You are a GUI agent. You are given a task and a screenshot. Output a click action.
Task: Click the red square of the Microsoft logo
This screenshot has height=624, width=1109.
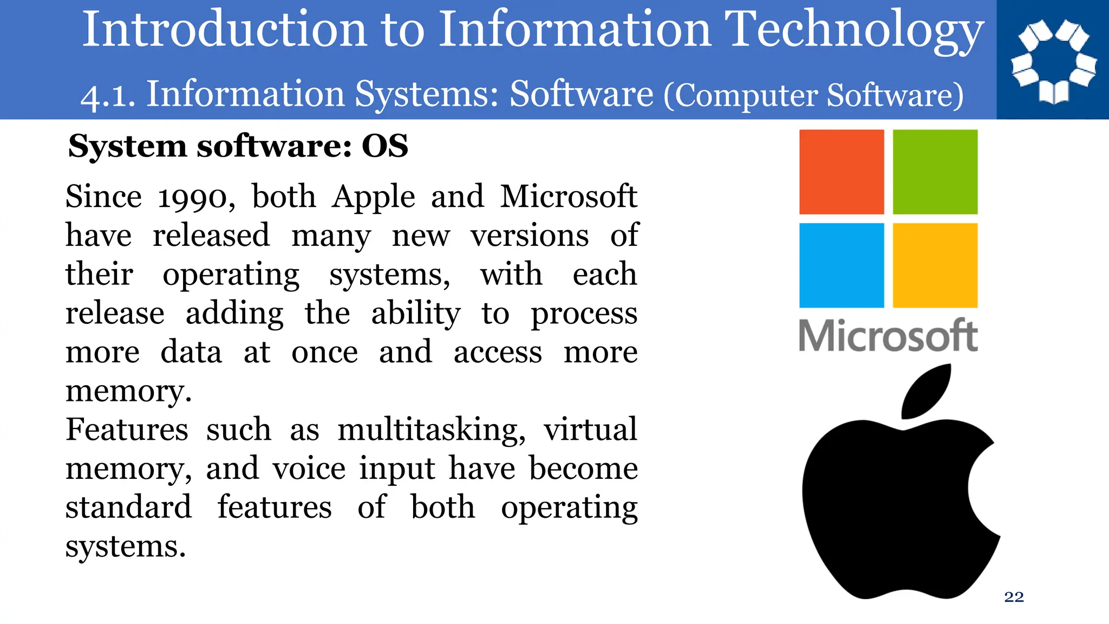coord(841,172)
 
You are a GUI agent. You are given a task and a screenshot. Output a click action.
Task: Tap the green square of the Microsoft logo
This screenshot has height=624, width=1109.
coord(935,172)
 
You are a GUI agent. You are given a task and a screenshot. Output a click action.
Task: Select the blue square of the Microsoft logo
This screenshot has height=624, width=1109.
coord(841,265)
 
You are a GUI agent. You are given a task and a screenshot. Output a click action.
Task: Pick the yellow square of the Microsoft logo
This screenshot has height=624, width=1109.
coord(935,265)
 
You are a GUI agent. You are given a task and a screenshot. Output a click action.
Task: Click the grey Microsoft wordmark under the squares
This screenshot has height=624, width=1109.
coord(888,336)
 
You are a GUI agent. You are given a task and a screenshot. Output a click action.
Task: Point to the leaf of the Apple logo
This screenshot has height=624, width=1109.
coord(927,391)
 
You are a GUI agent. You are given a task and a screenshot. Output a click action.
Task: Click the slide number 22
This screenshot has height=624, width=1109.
coord(1014,597)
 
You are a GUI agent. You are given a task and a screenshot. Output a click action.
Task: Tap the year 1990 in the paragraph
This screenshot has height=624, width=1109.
coord(196,197)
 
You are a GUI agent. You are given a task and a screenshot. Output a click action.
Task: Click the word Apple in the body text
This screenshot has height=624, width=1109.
coord(374,197)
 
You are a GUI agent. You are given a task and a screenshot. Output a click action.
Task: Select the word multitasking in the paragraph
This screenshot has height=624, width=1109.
coord(431,431)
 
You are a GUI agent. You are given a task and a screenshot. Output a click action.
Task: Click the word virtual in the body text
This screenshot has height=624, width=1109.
coord(590,430)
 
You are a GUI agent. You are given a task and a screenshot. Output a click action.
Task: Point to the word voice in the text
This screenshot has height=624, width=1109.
coord(309,469)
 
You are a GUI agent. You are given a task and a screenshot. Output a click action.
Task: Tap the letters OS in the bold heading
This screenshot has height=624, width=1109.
coord(385,146)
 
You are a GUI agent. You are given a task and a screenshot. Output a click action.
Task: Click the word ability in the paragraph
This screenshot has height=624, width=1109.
coord(416,314)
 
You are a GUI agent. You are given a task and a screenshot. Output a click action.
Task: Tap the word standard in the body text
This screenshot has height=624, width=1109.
coord(128,508)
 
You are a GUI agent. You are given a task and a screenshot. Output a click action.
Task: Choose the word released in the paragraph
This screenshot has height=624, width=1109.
coord(211,236)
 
